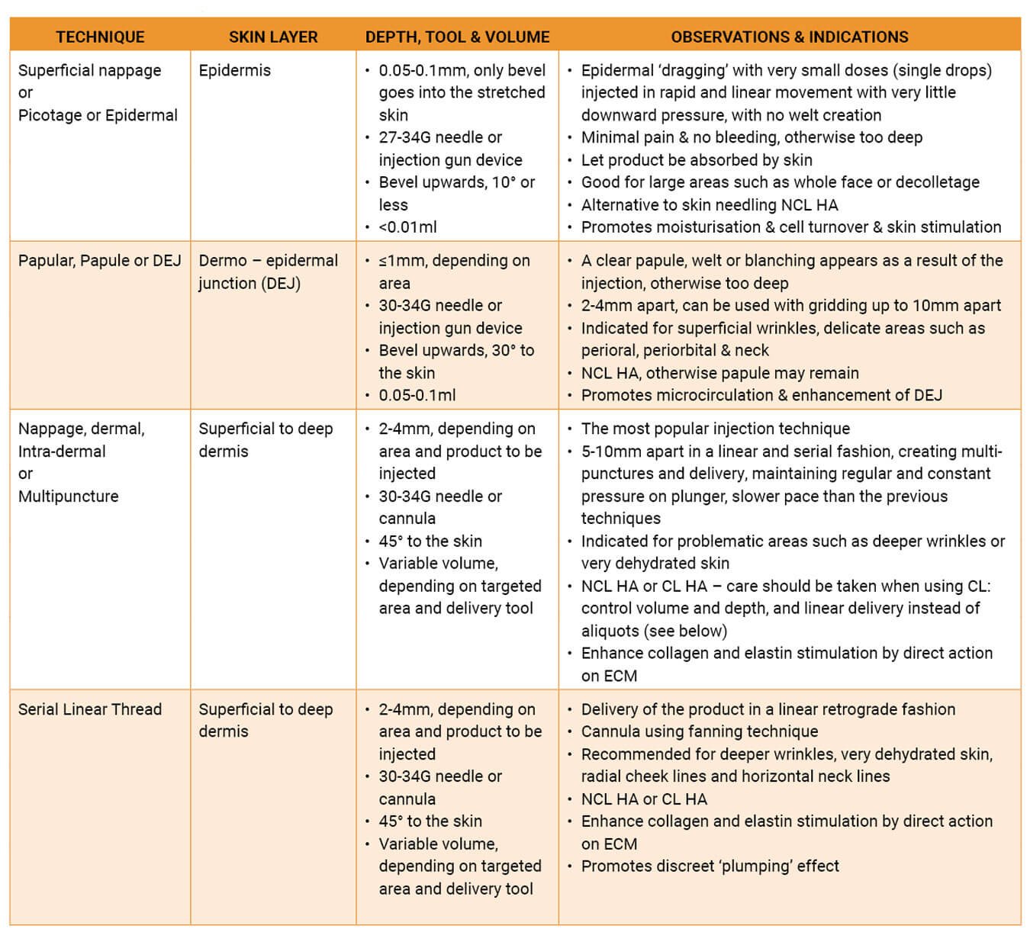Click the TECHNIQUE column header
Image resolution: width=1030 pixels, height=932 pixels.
(x=100, y=37)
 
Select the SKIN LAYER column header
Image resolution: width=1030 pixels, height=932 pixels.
(x=273, y=37)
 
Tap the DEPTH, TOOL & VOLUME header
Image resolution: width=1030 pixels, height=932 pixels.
(x=457, y=37)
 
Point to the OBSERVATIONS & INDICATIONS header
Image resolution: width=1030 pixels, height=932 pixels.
(x=790, y=37)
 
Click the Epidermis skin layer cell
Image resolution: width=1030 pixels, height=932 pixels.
(x=234, y=70)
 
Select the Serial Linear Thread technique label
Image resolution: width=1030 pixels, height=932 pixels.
(x=90, y=709)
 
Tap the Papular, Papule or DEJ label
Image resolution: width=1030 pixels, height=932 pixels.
(x=100, y=261)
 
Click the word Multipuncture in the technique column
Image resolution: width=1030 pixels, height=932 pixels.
(x=69, y=497)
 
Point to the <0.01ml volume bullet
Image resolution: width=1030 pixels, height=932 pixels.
(x=407, y=227)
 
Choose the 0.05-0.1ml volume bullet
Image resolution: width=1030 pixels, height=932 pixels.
(x=417, y=395)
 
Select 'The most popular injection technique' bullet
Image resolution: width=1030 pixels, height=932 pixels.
(x=715, y=429)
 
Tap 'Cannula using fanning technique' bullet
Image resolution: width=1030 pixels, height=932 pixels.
(x=699, y=731)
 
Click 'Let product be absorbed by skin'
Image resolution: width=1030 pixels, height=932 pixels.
(x=697, y=160)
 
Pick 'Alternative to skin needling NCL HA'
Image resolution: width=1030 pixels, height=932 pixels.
(x=710, y=205)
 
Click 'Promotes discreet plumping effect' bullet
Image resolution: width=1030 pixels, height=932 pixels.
(x=710, y=866)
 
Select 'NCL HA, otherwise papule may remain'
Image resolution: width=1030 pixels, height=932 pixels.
(x=719, y=373)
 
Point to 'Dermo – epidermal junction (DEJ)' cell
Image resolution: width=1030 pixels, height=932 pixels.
(x=268, y=272)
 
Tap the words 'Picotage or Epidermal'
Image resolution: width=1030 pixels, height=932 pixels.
(x=98, y=115)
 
